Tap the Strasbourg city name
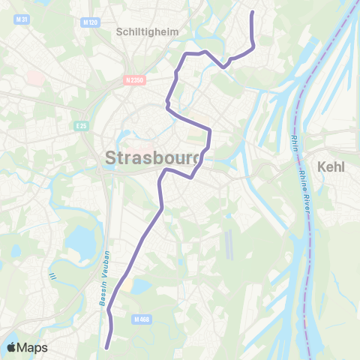(x=154, y=158)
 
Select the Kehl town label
(x=331, y=166)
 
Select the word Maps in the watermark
(x=33, y=347)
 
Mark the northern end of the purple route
(x=250, y=12)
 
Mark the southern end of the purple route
(x=107, y=347)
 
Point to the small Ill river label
(x=52, y=277)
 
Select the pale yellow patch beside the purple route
(x=140, y=286)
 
